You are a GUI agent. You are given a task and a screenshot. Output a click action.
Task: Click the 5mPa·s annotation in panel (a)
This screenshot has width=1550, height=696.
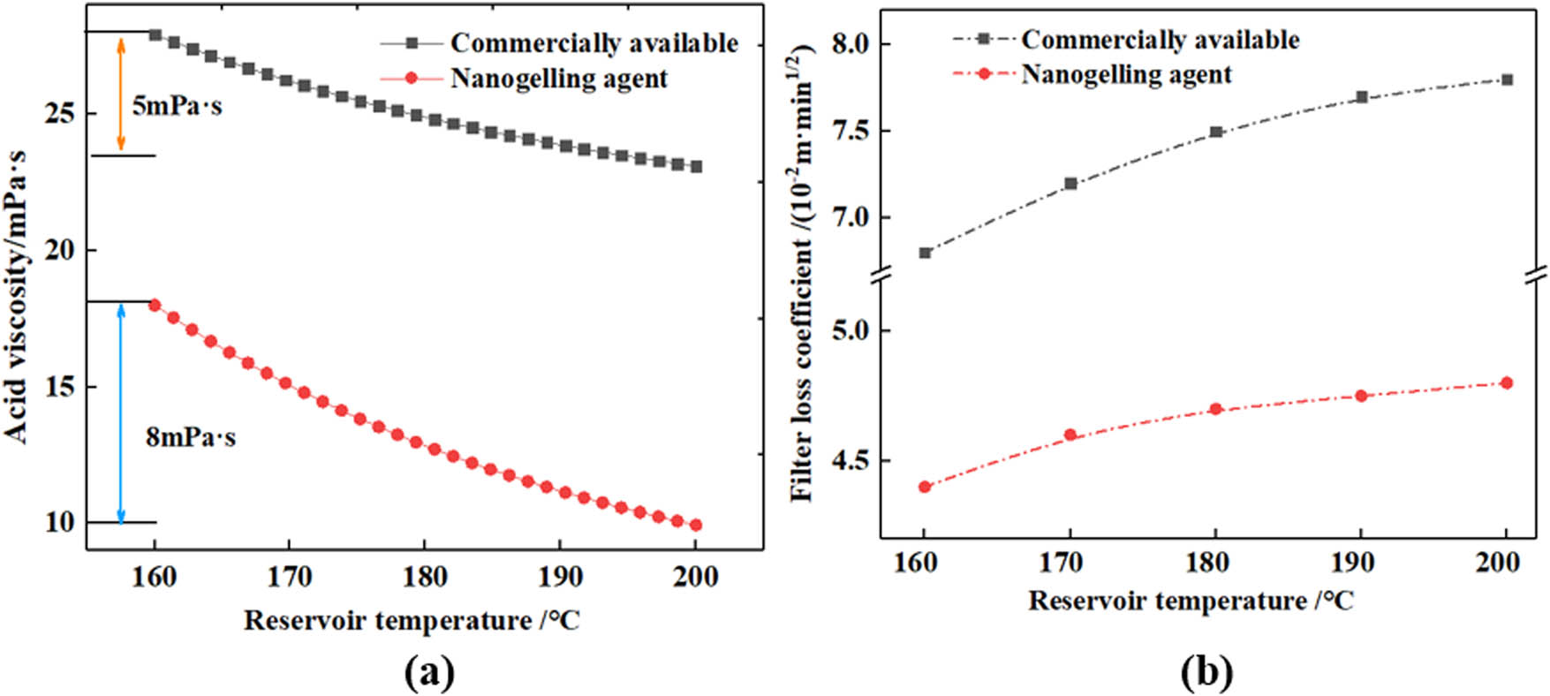click(x=177, y=107)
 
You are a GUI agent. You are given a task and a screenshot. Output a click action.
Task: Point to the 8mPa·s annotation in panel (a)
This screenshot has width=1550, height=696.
click(x=191, y=437)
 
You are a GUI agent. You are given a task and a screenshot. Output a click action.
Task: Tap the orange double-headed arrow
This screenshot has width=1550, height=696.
click(x=122, y=94)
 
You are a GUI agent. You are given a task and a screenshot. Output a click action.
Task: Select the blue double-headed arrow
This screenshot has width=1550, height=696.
click(x=122, y=412)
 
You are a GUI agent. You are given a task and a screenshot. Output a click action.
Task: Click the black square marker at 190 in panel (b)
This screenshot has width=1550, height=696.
click(x=1361, y=97)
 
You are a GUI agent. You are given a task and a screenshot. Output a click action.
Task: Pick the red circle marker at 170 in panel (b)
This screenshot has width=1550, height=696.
click(x=1070, y=435)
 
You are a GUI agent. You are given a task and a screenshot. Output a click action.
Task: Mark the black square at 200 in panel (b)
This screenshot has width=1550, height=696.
click(x=1507, y=79)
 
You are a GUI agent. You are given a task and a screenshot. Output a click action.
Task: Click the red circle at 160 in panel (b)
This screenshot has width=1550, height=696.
click(x=925, y=487)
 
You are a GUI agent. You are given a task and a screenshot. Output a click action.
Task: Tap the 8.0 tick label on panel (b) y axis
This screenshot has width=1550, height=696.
click(x=851, y=44)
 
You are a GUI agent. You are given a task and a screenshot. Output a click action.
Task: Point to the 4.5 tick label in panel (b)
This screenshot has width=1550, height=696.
click(x=851, y=461)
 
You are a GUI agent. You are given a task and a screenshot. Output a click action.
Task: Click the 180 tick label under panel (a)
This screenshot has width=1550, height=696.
click(x=424, y=577)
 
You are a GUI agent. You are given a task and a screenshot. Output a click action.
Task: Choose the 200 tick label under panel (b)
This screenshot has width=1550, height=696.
click(x=1498, y=563)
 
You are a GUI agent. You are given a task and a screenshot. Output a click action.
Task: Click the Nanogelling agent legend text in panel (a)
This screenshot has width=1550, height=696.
click(x=559, y=79)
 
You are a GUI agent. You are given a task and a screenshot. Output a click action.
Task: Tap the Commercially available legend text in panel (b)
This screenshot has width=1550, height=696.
click(x=1161, y=40)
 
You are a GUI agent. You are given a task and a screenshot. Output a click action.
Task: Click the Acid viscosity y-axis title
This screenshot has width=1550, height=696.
click(x=18, y=296)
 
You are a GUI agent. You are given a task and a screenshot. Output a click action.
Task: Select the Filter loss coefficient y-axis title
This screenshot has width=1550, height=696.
click(x=803, y=274)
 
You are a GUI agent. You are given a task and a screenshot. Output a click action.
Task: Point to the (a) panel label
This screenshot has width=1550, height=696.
click(x=429, y=674)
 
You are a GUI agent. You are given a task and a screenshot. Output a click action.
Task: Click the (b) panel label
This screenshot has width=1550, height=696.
click(x=1206, y=674)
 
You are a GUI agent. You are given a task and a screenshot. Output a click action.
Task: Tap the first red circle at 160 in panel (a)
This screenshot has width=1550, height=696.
click(x=155, y=305)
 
